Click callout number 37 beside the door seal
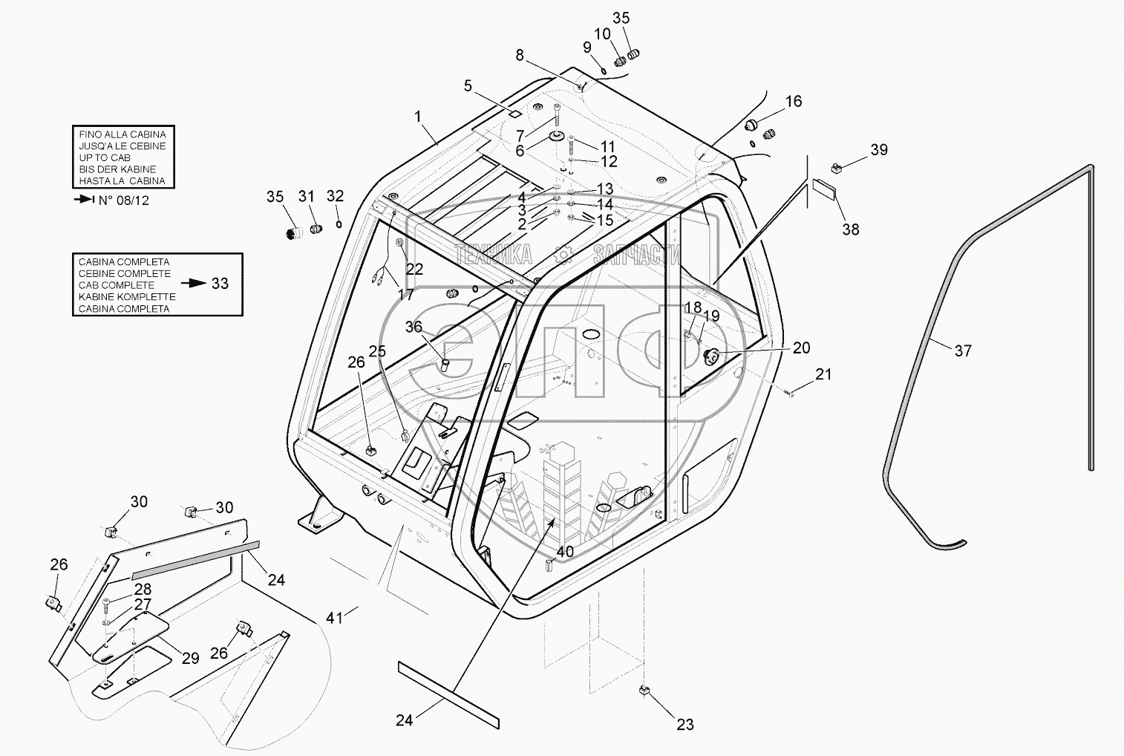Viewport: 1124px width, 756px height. click(962, 351)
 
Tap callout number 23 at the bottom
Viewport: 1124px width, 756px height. click(684, 724)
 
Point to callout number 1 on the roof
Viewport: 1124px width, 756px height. click(418, 117)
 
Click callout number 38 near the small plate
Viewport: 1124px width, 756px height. click(851, 229)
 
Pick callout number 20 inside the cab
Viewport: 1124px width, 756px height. click(801, 348)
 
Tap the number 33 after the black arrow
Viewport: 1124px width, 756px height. click(220, 284)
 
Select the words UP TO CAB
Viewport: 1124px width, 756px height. click(105, 157)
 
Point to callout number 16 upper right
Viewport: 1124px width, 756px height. click(794, 101)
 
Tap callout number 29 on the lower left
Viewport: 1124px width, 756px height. click(190, 658)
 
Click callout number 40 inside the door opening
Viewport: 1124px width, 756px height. click(565, 552)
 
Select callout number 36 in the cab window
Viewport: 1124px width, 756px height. click(414, 327)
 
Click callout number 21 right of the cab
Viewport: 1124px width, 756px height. click(824, 374)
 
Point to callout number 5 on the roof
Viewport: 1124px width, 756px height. click(468, 86)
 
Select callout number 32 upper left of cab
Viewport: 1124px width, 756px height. click(336, 196)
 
